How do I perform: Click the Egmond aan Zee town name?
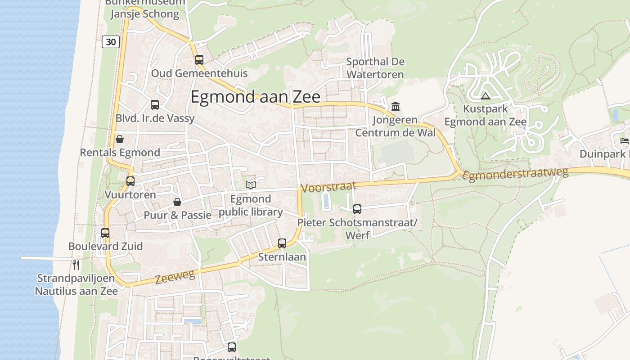255,97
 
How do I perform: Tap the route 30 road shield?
111,42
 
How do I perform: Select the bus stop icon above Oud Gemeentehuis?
199,59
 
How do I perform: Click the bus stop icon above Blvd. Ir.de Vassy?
155,105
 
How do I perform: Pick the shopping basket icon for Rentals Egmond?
120,139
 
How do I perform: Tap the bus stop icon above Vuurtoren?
130,181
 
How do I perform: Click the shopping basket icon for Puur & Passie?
177,202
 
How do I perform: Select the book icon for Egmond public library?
251,185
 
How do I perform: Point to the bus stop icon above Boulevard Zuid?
105,233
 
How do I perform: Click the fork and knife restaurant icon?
76,264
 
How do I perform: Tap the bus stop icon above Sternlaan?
282,243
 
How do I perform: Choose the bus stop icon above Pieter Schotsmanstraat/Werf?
357,209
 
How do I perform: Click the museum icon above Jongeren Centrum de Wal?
396,107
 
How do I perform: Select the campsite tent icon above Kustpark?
485,96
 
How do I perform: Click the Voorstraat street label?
328,186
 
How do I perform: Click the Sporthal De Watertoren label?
375,68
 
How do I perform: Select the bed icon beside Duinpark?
624,141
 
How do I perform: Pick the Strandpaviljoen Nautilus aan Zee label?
76,284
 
